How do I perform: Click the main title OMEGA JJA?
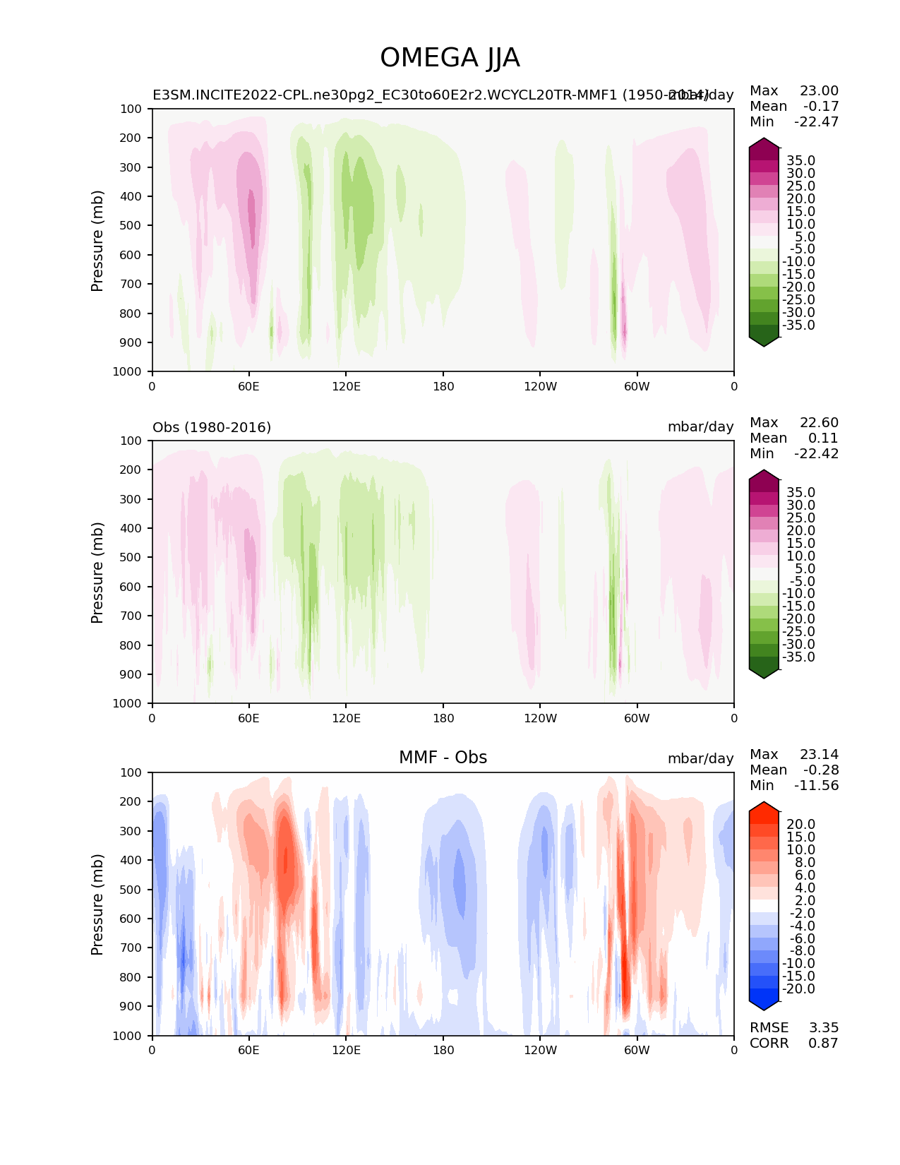450,58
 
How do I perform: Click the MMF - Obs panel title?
443,758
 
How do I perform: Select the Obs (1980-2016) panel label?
212,427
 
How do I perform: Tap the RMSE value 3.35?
823,1027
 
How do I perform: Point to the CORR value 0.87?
823,1043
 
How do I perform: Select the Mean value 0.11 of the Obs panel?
822,438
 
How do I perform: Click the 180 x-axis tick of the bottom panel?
443,1050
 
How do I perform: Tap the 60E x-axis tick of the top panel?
248,386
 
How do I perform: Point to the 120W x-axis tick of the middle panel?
540,718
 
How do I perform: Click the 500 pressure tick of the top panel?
133,225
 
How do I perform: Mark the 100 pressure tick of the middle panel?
133,441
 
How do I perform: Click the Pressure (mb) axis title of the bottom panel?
97,904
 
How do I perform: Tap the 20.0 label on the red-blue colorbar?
800,824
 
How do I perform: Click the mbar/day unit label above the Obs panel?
700,427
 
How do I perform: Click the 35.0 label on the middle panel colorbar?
800,492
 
